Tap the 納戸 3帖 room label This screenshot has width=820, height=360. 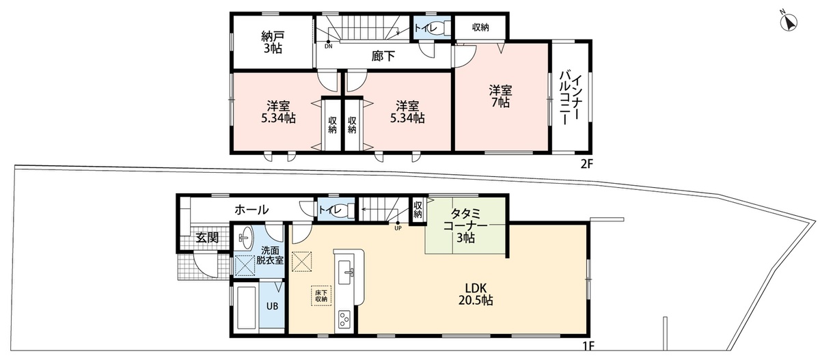click(273, 42)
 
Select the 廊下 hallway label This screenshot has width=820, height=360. click(383, 56)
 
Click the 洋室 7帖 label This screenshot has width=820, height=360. click(500, 96)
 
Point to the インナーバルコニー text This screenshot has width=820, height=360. click(569, 99)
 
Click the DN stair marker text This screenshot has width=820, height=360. click(329, 46)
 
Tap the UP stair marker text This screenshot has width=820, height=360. click(398, 228)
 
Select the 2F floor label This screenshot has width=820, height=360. click(586, 164)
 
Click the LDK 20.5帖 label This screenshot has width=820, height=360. click(476, 294)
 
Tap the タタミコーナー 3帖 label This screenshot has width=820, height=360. click(465, 225)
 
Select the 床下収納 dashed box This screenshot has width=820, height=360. click(321, 296)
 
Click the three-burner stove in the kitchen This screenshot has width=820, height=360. click(344, 320)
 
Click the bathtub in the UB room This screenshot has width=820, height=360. click(246, 307)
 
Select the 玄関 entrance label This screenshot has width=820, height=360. click(207, 238)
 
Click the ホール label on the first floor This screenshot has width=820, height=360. click(251, 210)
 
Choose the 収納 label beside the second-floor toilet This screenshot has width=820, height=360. click(480, 27)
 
